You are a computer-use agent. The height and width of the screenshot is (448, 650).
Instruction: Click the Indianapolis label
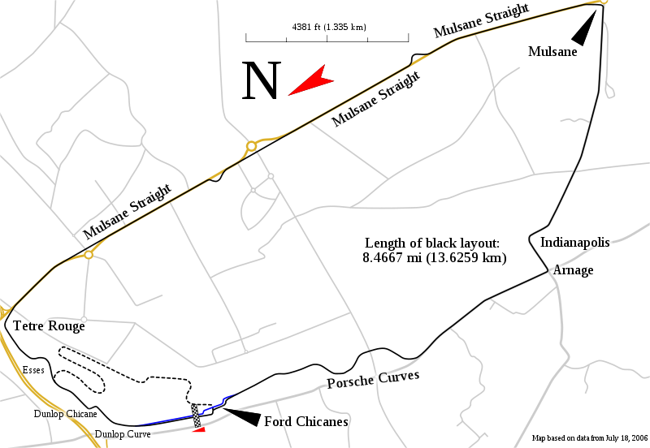click(x=574, y=242)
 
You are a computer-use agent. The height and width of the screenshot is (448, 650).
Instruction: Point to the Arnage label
click(x=573, y=269)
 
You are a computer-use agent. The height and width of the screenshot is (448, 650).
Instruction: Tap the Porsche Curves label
click(x=372, y=379)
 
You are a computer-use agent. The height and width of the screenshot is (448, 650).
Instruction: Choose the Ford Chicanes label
click(x=305, y=421)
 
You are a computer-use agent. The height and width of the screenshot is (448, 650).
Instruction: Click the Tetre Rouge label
click(x=49, y=325)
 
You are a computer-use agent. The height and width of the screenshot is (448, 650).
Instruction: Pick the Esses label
click(x=34, y=369)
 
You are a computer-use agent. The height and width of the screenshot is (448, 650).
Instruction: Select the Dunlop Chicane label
click(x=65, y=414)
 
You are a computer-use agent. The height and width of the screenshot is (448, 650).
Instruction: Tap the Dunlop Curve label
click(x=122, y=434)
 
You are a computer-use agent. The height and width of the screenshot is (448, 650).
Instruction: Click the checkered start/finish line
click(x=196, y=416)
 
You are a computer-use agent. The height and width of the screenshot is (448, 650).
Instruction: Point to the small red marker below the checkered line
click(x=199, y=431)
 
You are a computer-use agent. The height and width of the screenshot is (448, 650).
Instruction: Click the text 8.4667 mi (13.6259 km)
click(x=434, y=258)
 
